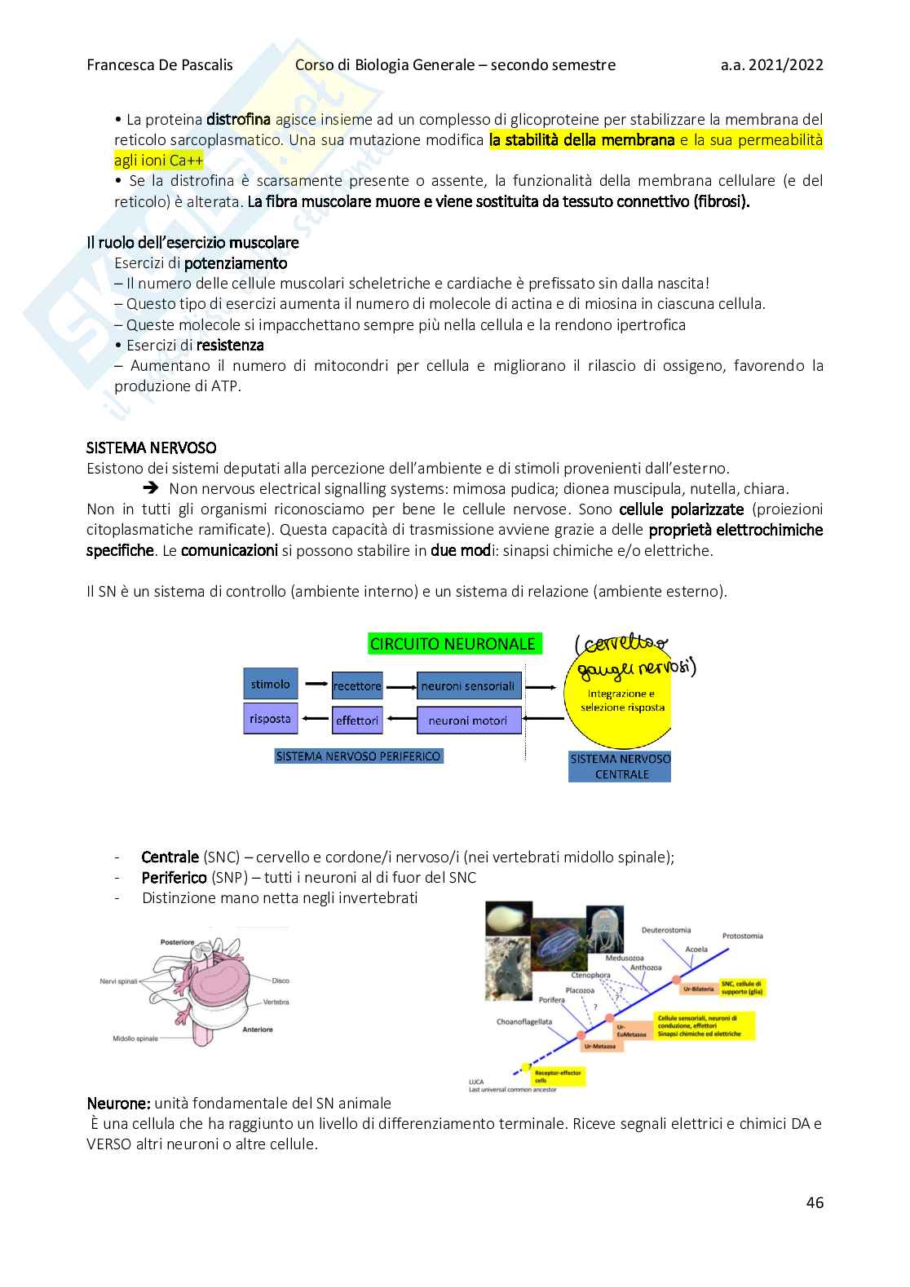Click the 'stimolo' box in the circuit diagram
[x=271, y=684]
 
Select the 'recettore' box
[x=357, y=686]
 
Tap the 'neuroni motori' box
[x=468, y=721]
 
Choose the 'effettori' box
[x=357, y=721]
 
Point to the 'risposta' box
[x=271, y=719]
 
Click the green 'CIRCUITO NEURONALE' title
[x=453, y=644]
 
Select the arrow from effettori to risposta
[x=315, y=719]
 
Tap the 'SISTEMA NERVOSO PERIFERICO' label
[x=358, y=756]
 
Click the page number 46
[x=815, y=1202]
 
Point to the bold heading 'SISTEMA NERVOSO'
[x=152, y=447]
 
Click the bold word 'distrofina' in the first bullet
[x=238, y=120]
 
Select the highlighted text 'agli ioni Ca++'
[x=158, y=161]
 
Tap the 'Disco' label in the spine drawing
[x=281, y=981]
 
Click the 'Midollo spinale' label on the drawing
[x=135, y=1038]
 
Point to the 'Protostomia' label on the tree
[x=742, y=936]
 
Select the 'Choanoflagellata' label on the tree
[x=524, y=1021]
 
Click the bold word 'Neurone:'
[x=119, y=1104]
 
